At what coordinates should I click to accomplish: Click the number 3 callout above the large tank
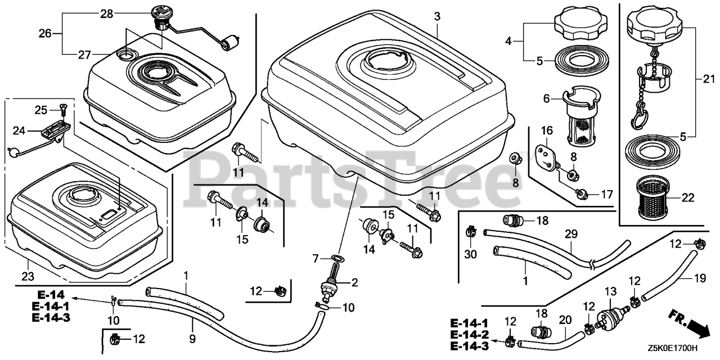point(437,17)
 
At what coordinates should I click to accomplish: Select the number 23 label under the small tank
point(28,276)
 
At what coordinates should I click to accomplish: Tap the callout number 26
point(44,33)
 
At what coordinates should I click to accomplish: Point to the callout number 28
point(106,13)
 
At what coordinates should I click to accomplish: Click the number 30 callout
point(470,254)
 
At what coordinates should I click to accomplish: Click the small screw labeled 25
point(61,107)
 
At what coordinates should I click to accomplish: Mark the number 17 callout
point(605,195)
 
